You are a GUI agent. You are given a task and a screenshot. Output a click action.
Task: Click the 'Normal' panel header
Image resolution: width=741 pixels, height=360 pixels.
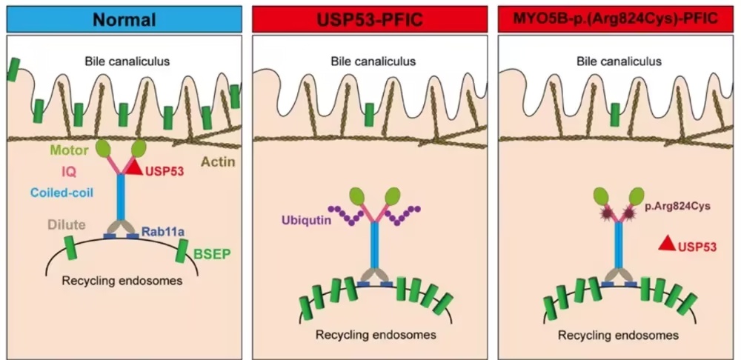coord(124,19)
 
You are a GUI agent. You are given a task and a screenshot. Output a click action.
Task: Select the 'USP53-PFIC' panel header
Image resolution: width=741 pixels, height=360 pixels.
coord(370,19)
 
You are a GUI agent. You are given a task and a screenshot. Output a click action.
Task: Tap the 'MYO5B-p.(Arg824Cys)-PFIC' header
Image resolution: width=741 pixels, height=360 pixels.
coord(616,19)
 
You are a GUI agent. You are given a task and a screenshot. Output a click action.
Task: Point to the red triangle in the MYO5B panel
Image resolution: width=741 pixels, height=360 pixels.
coord(667,243)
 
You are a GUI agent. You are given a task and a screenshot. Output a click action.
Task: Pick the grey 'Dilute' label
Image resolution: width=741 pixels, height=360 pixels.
coord(66,224)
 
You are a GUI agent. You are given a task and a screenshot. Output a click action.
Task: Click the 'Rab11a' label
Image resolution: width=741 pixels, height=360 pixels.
coord(159,231)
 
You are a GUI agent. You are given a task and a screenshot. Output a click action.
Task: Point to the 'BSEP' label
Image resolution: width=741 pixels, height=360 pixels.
coord(212,255)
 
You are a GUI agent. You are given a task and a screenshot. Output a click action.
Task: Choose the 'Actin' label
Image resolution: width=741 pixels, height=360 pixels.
coord(218,162)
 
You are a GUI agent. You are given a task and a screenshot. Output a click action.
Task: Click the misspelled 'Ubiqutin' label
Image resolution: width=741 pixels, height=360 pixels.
coord(304,220)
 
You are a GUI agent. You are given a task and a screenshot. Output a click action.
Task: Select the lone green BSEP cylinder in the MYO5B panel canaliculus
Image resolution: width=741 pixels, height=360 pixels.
coord(615,116)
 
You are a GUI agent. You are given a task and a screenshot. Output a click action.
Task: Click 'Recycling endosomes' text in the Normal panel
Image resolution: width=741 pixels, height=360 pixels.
coord(122,281)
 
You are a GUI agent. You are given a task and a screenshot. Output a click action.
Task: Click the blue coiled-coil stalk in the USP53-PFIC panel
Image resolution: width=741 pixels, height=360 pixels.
coord(374,245)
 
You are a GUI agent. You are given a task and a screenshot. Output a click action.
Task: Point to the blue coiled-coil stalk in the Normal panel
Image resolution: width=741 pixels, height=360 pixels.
coord(121,198)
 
